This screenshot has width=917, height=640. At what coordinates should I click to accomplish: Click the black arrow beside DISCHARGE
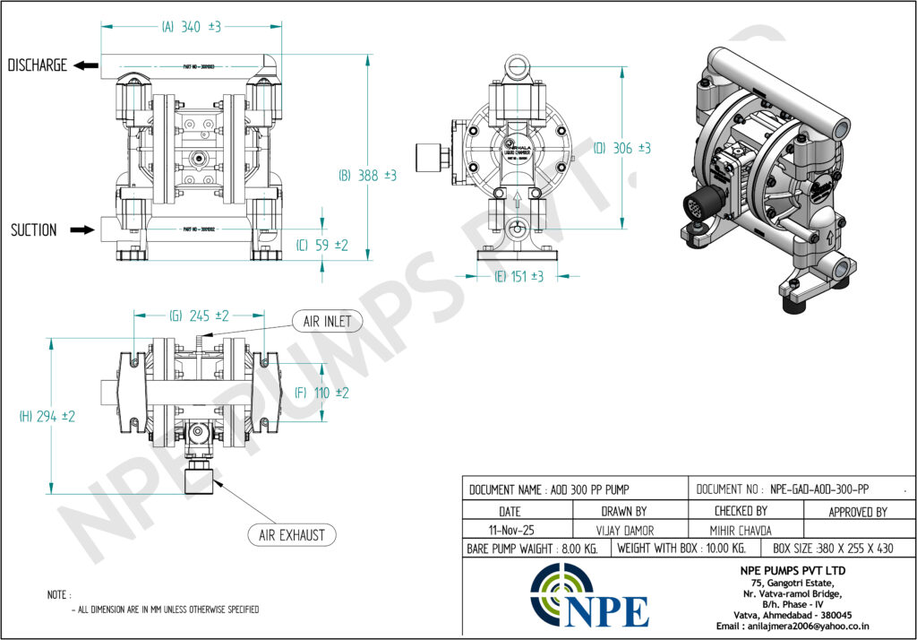click(86, 65)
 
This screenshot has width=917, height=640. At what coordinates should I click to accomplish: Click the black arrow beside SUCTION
click(81, 230)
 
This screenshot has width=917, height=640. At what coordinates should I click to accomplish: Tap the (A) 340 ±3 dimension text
click(191, 28)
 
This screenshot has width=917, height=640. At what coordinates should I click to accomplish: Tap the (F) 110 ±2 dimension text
click(321, 393)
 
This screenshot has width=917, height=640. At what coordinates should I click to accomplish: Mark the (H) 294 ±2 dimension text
click(47, 416)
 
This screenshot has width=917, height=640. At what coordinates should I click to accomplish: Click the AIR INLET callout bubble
click(327, 321)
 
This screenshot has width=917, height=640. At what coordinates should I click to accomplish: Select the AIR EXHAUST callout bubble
click(291, 536)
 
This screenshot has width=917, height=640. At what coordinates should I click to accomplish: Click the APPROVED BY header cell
click(859, 511)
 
